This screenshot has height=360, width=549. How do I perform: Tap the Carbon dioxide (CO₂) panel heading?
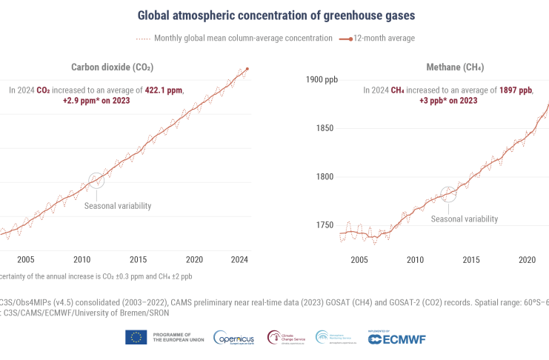tap(112, 67)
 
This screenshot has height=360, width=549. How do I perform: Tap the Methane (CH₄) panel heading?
tap(455, 67)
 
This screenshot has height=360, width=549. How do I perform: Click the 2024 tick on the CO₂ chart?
tap(239, 259)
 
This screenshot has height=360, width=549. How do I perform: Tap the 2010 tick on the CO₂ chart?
tap(82, 259)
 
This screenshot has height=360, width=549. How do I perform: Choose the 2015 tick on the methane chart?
tap(471, 259)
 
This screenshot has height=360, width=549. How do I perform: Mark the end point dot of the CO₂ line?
tap(247, 69)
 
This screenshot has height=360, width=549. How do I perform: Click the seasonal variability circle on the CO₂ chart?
tap(96, 180)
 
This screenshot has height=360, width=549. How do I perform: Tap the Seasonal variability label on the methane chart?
tap(465, 219)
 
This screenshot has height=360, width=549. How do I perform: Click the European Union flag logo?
tap(136, 338)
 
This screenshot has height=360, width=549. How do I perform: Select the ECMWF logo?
tap(398, 339)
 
